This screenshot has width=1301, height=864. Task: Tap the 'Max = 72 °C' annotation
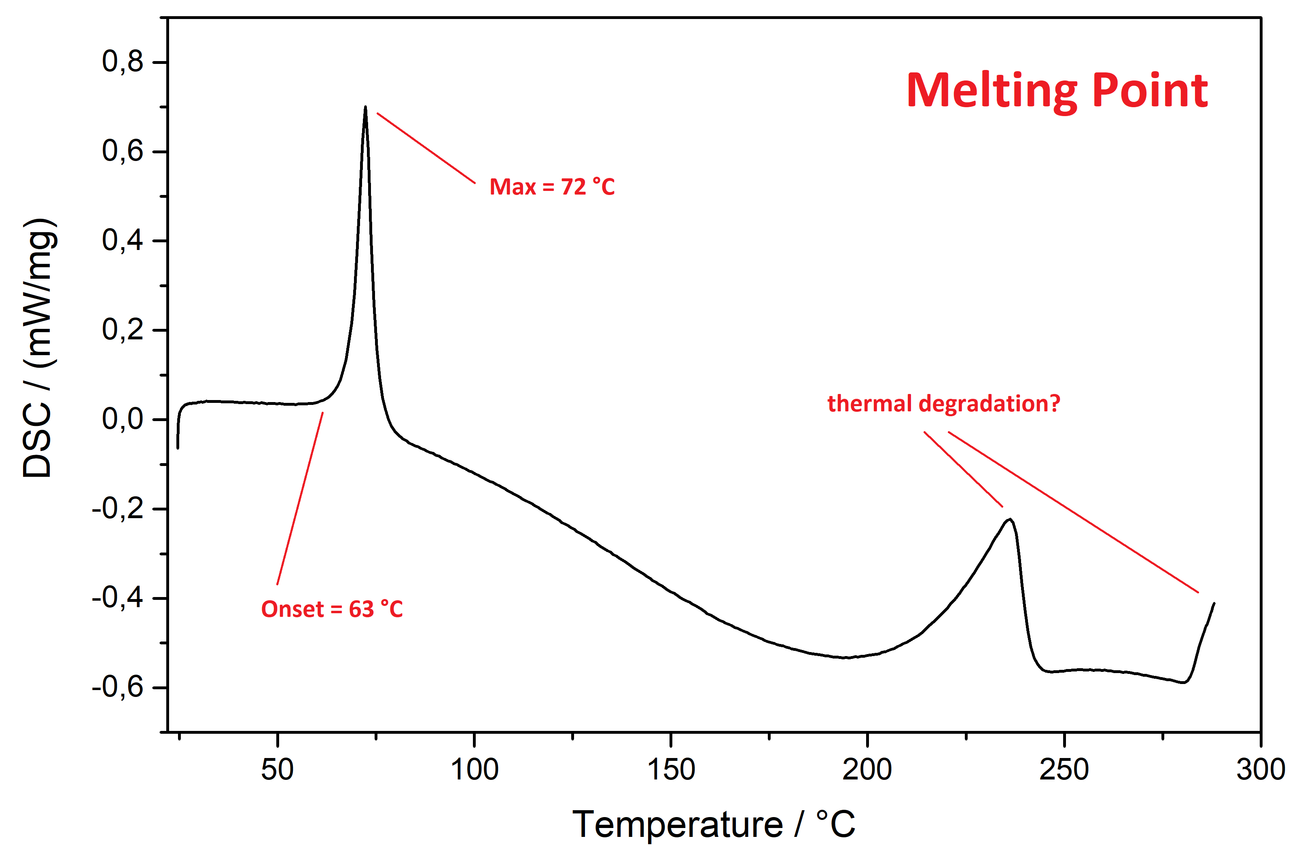[x=551, y=187]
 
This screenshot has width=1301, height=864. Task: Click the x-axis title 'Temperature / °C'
[x=714, y=825]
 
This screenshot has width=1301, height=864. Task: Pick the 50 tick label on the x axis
[x=277, y=770]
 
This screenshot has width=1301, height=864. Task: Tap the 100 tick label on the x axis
[x=474, y=770]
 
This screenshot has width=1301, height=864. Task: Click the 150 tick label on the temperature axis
[x=671, y=770]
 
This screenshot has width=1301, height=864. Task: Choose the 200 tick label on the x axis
[x=867, y=770]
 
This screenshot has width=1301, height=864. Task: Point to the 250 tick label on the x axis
[x=1064, y=770]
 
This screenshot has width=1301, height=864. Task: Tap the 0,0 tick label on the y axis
[x=122, y=419]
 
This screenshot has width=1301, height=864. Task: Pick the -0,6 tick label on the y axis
[x=117, y=687]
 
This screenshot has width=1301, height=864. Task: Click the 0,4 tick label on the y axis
[x=122, y=240]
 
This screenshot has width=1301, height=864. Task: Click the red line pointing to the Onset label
[x=300, y=499]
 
